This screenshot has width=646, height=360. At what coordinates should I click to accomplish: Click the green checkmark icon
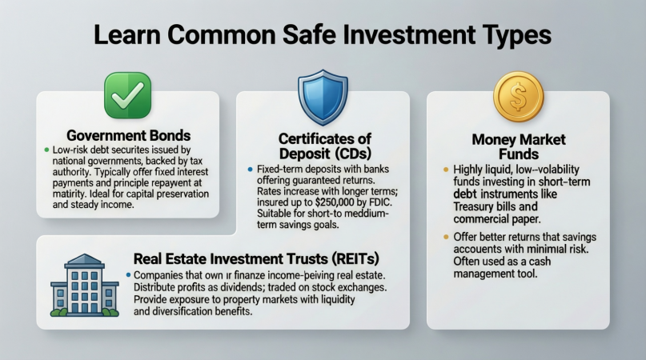(128, 95)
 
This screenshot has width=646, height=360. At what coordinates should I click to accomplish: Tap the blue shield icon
(323, 98)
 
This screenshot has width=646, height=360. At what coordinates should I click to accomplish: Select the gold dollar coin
(519, 96)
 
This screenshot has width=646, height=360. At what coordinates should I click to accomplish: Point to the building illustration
(85, 285)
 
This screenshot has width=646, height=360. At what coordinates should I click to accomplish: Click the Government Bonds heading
(129, 135)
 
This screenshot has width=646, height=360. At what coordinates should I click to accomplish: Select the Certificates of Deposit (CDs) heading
(325, 146)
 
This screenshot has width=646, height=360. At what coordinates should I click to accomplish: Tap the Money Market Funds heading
(519, 146)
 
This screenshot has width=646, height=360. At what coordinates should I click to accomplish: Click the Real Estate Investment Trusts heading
(256, 258)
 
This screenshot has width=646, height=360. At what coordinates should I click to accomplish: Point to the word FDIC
(383, 202)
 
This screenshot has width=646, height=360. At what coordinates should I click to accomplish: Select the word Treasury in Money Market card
(471, 206)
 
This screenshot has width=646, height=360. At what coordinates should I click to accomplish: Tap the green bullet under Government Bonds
(46, 150)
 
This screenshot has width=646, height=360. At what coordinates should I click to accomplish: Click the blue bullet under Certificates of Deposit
(250, 170)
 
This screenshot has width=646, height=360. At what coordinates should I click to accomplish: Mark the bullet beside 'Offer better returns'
(446, 237)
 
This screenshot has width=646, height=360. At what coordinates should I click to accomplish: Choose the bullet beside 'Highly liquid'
(446, 170)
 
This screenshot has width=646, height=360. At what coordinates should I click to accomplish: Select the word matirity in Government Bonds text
(67, 194)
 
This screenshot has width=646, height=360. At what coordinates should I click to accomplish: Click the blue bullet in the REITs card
(128, 274)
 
